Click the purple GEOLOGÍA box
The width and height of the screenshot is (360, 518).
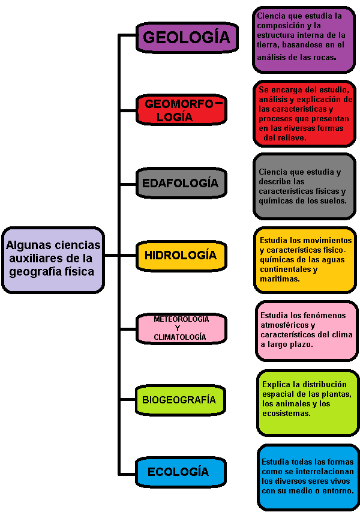[187, 37]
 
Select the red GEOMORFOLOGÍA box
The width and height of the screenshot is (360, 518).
[181, 110]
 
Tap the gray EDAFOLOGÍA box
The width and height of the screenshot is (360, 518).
[181, 183]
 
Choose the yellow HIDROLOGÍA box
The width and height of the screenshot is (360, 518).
[181, 256]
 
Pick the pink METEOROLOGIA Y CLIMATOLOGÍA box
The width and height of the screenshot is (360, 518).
[181, 328]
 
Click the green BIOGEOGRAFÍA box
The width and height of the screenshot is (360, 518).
[181, 400]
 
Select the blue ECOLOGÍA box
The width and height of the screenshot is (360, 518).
[181, 472]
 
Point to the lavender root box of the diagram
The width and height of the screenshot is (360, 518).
[53, 260]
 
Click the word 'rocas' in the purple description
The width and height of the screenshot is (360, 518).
[324, 57]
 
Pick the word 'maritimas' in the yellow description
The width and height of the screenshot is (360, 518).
[280, 279]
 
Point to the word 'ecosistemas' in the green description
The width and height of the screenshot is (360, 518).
[286, 414]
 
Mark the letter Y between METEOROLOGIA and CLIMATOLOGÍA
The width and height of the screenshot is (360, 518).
[178, 328]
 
